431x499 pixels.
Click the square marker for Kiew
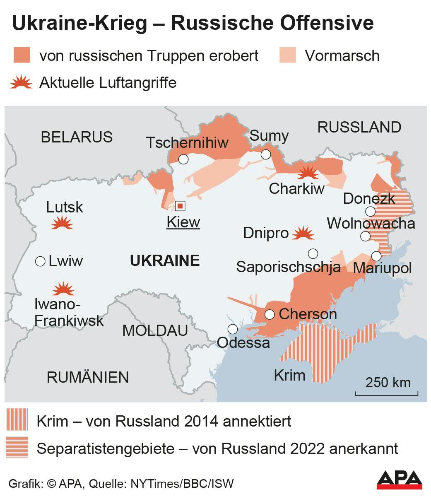click(x=180, y=206)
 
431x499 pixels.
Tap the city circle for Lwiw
click(x=40, y=261)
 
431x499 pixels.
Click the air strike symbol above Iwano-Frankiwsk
click(x=63, y=289)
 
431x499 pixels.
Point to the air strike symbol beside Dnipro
click(x=303, y=233)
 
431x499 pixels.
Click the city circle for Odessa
click(x=233, y=329)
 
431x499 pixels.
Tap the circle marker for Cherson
click(x=270, y=314)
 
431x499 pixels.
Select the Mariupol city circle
click(x=376, y=256)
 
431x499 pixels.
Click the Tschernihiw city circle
click(x=183, y=159)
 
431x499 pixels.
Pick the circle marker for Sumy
click(x=266, y=154)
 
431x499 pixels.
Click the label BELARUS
click(x=77, y=137)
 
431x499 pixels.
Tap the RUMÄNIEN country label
click(x=88, y=377)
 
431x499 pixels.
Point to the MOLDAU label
click(x=155, y=330)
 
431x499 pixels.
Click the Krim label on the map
click(x=289, y=375)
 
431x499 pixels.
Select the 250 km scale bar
click(x=387, y=391)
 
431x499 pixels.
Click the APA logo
click(x=399, y=480)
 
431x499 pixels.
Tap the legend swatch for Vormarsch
click(x=288, y=55)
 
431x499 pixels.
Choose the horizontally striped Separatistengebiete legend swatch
click(x=17, y=448)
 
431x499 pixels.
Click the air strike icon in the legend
click(x=21, y=83)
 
